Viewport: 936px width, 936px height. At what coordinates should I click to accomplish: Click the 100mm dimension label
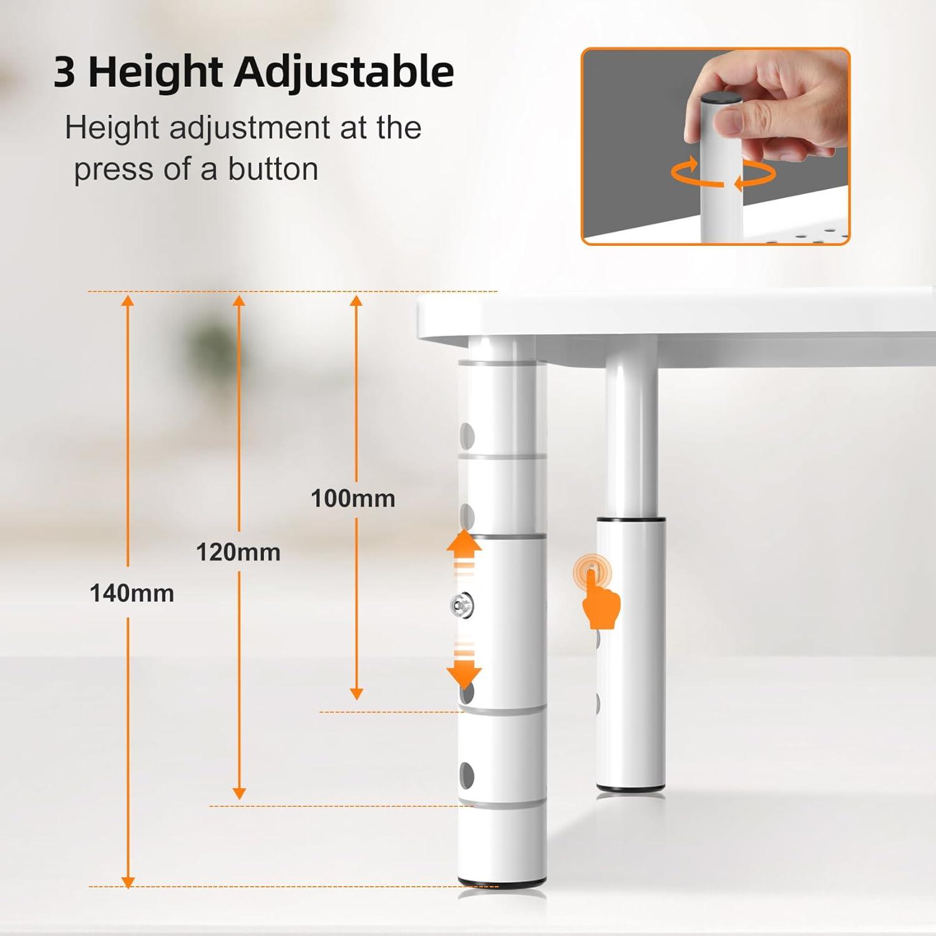tap(353, 499)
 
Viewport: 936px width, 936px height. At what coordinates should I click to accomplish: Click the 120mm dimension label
tap(238, 552)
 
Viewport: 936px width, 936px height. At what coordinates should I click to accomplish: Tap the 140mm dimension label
tap(132, 593)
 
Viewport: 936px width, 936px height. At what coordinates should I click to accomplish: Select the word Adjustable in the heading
tap(344, 72)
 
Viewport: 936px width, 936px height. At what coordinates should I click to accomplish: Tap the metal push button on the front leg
tap(462, 604)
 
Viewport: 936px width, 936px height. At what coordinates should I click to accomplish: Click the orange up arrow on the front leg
tap(464, 544)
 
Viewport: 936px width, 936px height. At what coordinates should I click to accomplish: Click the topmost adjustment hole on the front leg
tap(466, 435)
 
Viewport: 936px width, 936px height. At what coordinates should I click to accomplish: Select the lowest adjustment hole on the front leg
tap(466, 774)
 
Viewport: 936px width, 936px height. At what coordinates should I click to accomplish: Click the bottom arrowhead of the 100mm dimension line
tap(356, 693)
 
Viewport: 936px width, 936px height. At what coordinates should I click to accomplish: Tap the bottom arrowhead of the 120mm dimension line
tap(239, 793)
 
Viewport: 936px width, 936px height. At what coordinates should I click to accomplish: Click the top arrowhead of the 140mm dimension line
tap(128, 301)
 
